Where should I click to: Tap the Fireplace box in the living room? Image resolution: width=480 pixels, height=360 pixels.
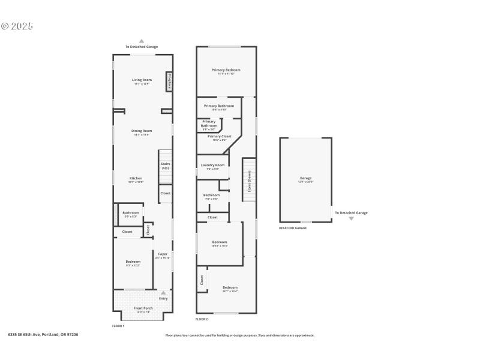pyautogui.click(x=170, y=82)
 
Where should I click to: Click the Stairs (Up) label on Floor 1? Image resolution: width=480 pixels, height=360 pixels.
pyautogui.click(x=165, y=166)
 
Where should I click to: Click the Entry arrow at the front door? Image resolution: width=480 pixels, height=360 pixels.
pyautogui.click(x=163, y=293)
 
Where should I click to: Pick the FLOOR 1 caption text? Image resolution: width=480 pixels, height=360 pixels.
pyautogui.click(x=118, y=326)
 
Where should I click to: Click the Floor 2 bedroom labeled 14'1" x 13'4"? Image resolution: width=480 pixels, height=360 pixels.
pyautogui.click(x=230, y=289)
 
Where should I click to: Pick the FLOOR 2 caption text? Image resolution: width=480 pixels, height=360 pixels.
pyautogui.click(x=202, y=319)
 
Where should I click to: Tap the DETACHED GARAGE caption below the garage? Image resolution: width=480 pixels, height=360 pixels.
pyautogui.click(x=293, y=228)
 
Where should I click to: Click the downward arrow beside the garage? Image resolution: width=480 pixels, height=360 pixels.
pyautogui.click(x=351, y=218)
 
